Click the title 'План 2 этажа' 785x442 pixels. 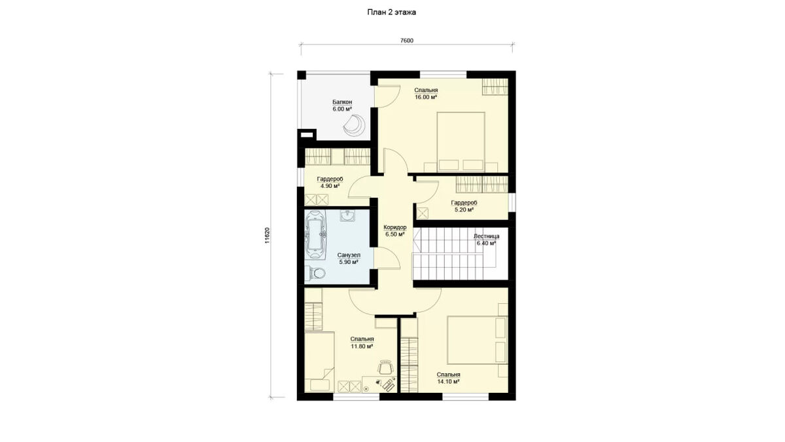[391, 12]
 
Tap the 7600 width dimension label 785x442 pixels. [407, 41]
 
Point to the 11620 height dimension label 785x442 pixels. [267, 235]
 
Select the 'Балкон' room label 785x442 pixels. [342, 102]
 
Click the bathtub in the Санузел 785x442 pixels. [316, 234]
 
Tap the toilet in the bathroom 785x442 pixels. [316, 273]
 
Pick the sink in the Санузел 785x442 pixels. [347, 215]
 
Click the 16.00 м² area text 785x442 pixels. [426, 98]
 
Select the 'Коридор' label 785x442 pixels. [395, 227]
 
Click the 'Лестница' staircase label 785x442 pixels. [487, 236]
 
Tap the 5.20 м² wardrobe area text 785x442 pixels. [464, 210]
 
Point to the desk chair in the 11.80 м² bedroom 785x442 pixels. [385, 367]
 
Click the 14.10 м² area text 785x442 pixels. [449, 382]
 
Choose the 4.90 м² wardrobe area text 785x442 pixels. [330, 186]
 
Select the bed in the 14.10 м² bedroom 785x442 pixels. [478, 340]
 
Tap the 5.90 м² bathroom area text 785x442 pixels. [349, 262]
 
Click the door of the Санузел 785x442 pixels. [387, 258]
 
